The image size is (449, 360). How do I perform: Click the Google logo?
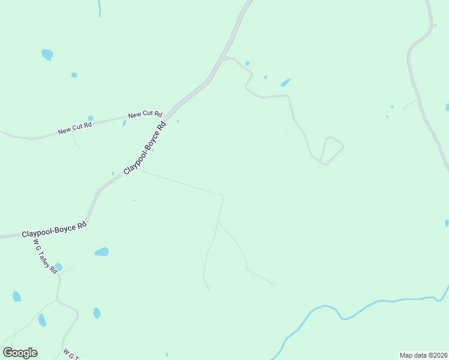pos(20,353)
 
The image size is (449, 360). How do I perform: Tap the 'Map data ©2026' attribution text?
pos(423,355)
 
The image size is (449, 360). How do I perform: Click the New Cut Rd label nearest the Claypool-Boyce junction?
pos(145,114)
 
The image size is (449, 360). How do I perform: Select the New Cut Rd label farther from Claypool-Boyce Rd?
pos(75,127)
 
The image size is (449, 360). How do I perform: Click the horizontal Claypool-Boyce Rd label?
pos(55,230)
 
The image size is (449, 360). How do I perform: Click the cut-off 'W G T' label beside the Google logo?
pos(71,355)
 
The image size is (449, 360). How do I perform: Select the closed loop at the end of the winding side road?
pos(332,150)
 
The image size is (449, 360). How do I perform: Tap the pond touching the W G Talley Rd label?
pos(58,267)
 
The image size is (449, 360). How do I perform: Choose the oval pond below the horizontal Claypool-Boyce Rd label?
pos(101,252)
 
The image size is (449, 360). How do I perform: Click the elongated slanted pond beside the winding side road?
pos(286,83)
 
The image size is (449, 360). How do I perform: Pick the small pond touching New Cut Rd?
pos(91,118)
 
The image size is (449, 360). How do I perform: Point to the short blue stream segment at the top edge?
pos(99,8)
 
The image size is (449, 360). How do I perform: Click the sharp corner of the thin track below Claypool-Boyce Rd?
pos(223,196)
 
